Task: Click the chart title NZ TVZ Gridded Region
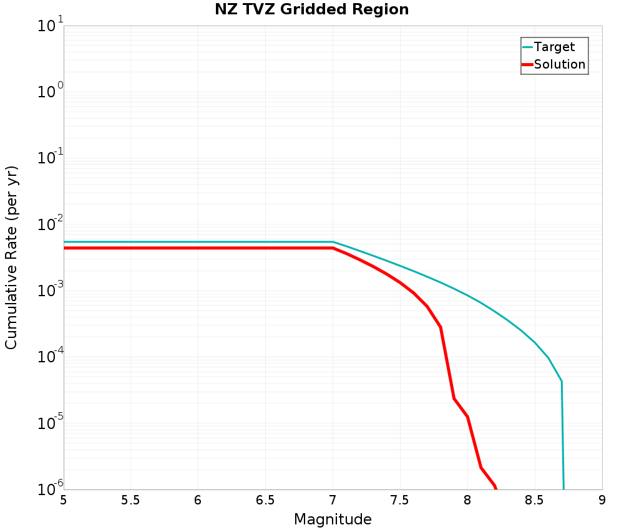point(312,10)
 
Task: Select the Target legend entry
point(554,47)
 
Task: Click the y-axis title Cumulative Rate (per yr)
point(12,258)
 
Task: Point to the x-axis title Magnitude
point(333,519)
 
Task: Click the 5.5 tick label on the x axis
point(130,500)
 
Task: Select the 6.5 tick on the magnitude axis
point(265,500)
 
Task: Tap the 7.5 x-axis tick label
point(399,500)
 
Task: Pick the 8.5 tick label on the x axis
point(534,500)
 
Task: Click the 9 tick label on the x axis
point(602,500)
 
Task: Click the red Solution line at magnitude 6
point(198,248)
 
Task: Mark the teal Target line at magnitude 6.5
point(265,242)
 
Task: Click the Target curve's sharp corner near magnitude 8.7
point(562,381)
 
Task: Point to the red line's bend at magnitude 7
point(333,248)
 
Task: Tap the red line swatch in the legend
point(527,64)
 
